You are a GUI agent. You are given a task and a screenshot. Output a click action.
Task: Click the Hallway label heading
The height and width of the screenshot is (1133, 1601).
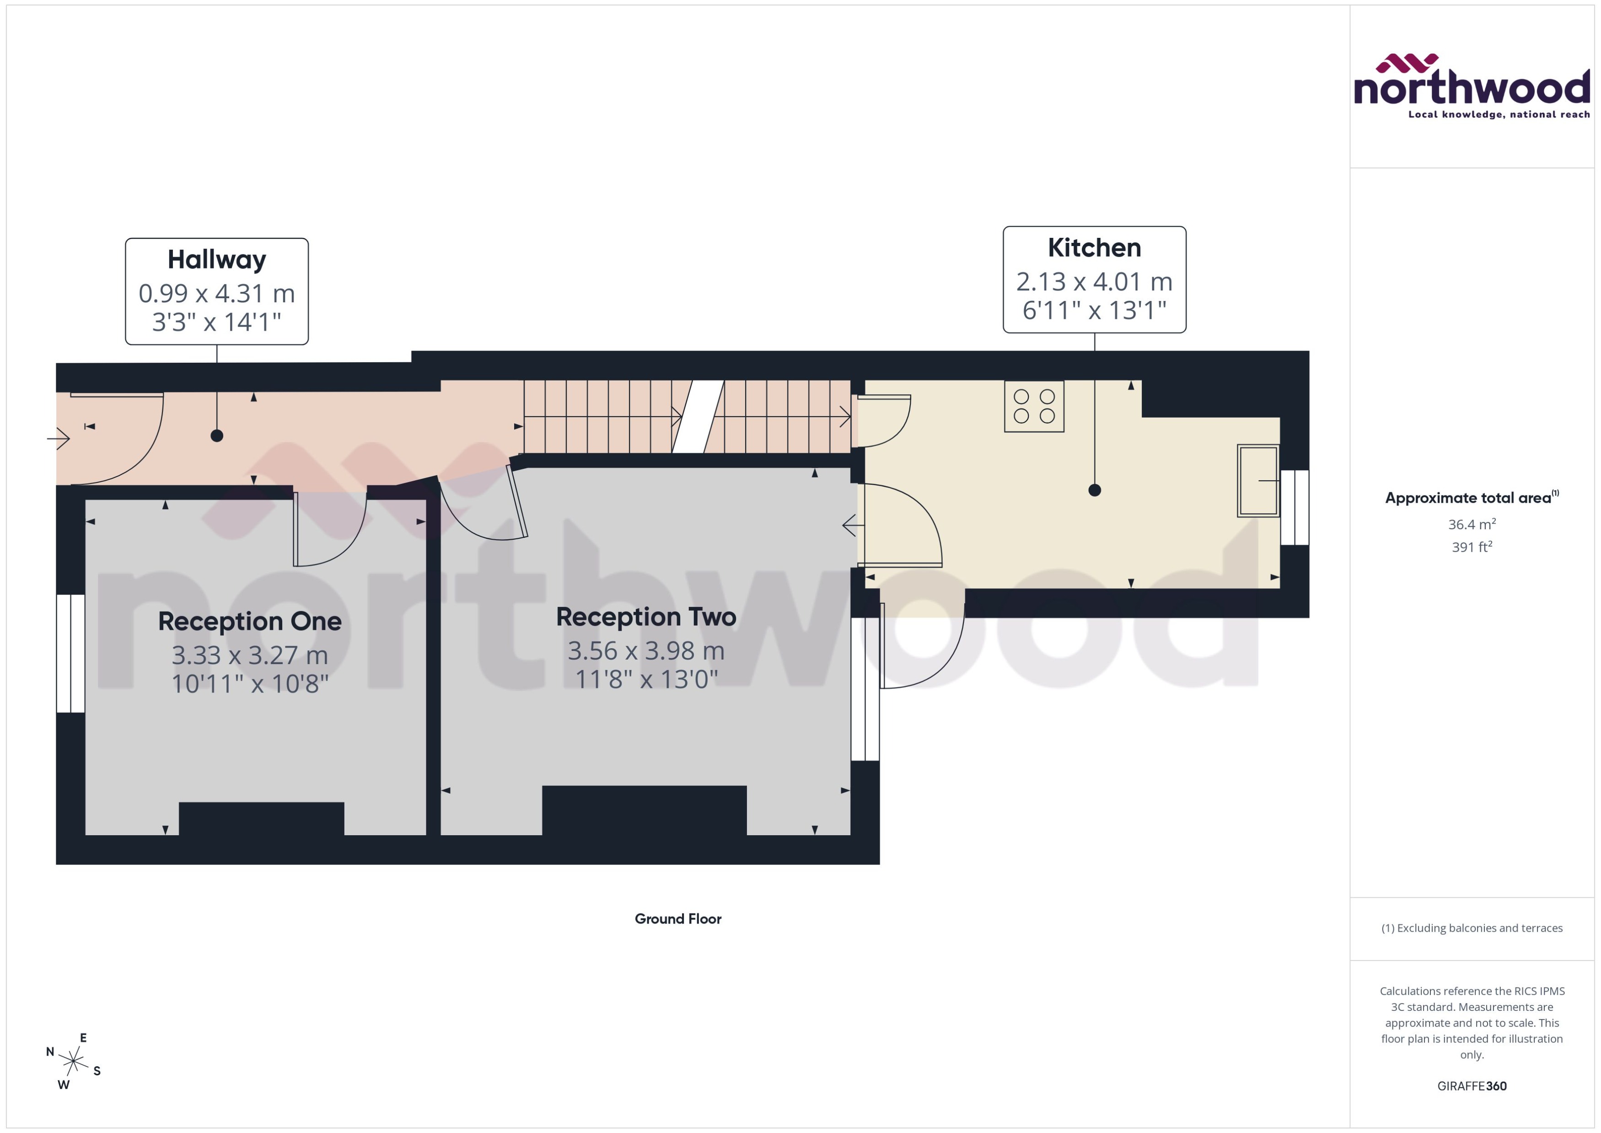click(216, 259)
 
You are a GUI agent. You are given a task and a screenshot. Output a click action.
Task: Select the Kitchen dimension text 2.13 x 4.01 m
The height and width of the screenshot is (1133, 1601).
click(1093, 282)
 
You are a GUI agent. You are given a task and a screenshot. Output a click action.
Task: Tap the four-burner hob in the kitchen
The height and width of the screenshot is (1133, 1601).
click(1033, 406)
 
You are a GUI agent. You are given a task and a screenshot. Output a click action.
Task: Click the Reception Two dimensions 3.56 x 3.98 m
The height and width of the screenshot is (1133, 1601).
click(645, 651)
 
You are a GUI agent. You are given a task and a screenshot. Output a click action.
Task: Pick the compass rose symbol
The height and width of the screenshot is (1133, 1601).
click(73, 1061)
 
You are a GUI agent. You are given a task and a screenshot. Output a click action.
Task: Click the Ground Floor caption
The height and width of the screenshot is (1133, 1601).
click(677, 919)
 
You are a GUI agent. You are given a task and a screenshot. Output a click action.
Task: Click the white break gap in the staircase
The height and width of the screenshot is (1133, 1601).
click(698, 417)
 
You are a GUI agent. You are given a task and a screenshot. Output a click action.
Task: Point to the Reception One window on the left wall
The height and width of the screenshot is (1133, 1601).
click(70, 653)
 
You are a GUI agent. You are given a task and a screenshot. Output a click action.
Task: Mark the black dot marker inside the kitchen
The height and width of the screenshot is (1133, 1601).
click(1094, 490)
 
